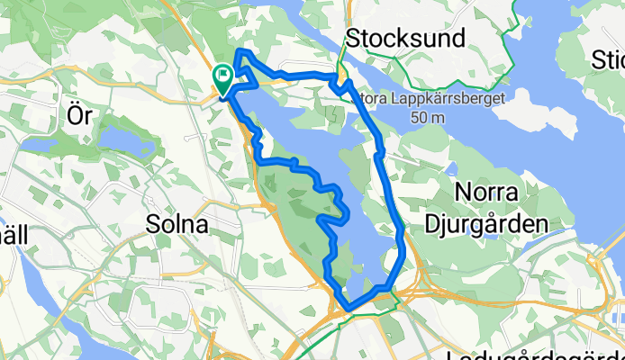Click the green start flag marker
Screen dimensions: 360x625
[222, 79]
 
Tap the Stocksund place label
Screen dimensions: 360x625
[405, 39]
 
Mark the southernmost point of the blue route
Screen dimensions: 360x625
[348, 311]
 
